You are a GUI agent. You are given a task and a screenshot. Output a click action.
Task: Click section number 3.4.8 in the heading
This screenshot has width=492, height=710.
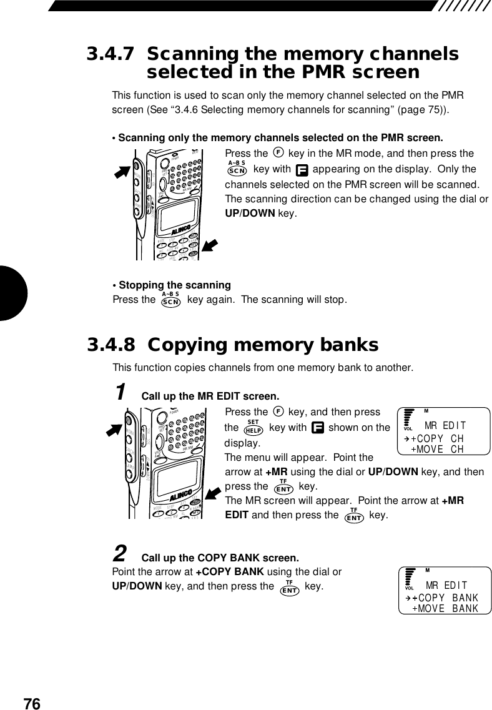coord(111,345)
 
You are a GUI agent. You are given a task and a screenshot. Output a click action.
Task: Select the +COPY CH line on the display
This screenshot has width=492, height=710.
coord(437,438)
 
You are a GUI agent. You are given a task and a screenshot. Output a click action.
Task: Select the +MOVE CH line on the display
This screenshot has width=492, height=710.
coord(437,449)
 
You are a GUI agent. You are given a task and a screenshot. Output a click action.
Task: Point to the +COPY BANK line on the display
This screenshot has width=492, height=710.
coord(445,598)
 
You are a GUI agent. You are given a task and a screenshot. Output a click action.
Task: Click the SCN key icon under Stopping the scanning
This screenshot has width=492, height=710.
coord(170,300)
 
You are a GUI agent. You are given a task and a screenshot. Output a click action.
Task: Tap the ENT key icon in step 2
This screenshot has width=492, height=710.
coord(289,588)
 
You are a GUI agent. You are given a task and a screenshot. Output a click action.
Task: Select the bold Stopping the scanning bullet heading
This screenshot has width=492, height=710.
coord(171,285)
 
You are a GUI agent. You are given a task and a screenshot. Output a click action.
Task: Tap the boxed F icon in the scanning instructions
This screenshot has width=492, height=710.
coord(302,170)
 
